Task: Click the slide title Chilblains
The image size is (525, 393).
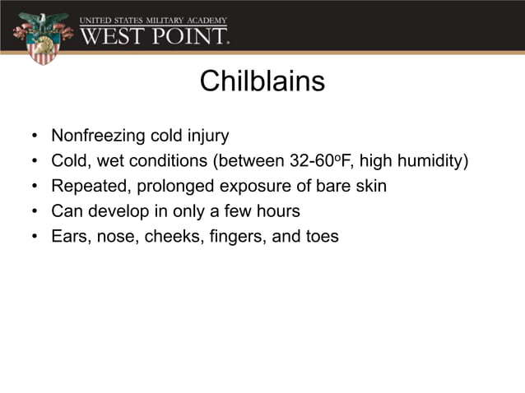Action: click(262, 82)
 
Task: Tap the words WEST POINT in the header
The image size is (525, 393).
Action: click(155, 35)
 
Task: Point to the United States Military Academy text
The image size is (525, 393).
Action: click(153, 19)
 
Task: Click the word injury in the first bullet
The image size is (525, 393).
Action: click(207, 135)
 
